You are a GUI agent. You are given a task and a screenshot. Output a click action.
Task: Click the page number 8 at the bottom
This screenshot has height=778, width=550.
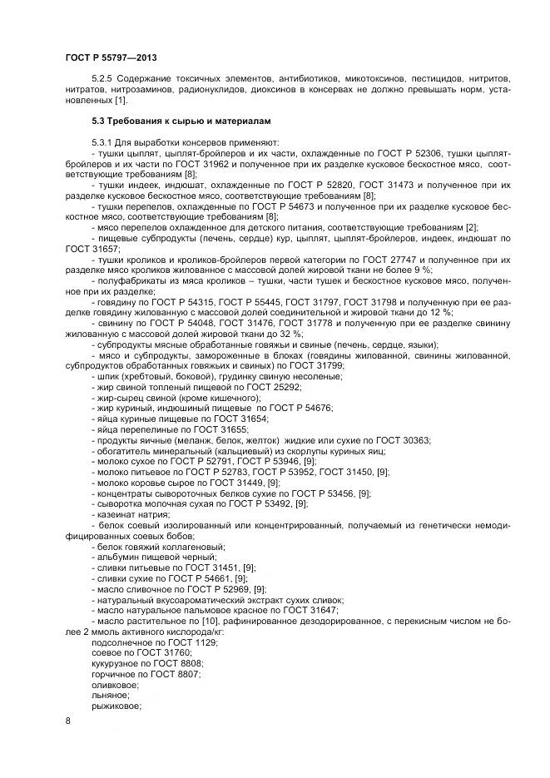click(x=67, y=721)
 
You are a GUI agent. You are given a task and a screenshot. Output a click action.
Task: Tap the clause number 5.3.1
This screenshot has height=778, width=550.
click(x=106, y=143)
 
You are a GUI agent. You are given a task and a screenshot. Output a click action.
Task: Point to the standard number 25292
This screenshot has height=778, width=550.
click(x=285, y=387)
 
